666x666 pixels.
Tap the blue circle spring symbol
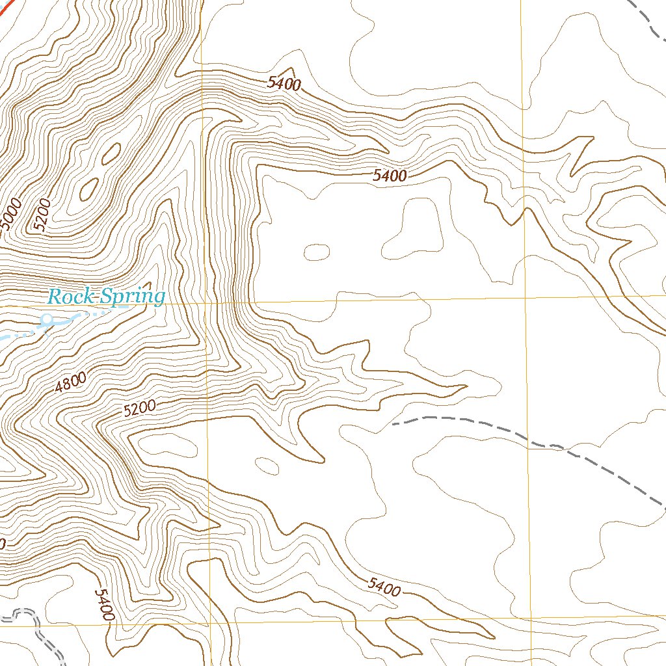(x=47, y=319)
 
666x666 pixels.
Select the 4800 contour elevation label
(x=70, y=383)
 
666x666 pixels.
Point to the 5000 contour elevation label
(x=11, y=215)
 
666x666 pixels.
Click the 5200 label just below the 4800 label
(x=139, y=408)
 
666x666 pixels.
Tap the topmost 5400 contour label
(x=284, y=83)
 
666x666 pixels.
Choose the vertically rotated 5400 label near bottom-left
(x=105, y=604)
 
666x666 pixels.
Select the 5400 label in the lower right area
(x=383, y=587)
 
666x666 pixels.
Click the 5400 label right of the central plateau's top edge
(x=390, y=175)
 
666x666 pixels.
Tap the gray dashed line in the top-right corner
(x=650, y=16)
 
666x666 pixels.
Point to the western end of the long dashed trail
(x=394, y=424)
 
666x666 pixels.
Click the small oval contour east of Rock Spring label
(x=317, y=252)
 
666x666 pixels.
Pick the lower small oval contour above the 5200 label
(x=88, y=188)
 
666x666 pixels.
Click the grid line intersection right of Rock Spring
(x=207, y=303)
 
